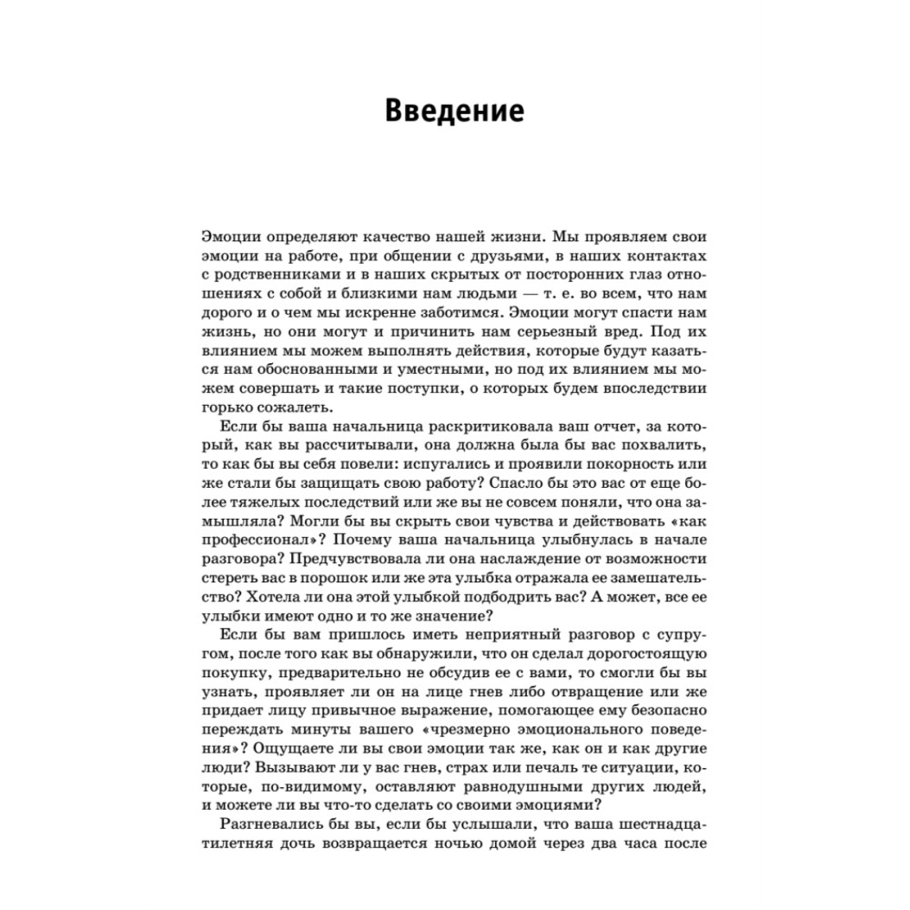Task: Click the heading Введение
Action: click(454, 111)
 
